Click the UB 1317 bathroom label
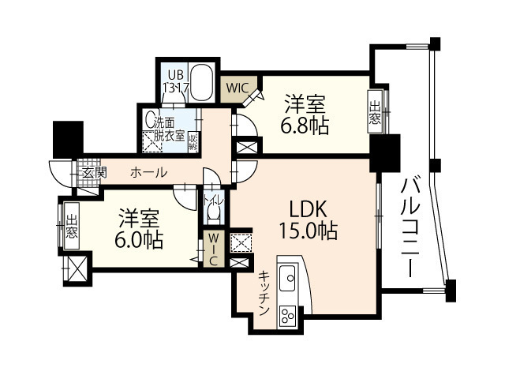(x=174, y=83)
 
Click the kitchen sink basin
(x=289, y=276)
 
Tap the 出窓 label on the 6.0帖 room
(x=71, y=225)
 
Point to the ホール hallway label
(x=148, y=173)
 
